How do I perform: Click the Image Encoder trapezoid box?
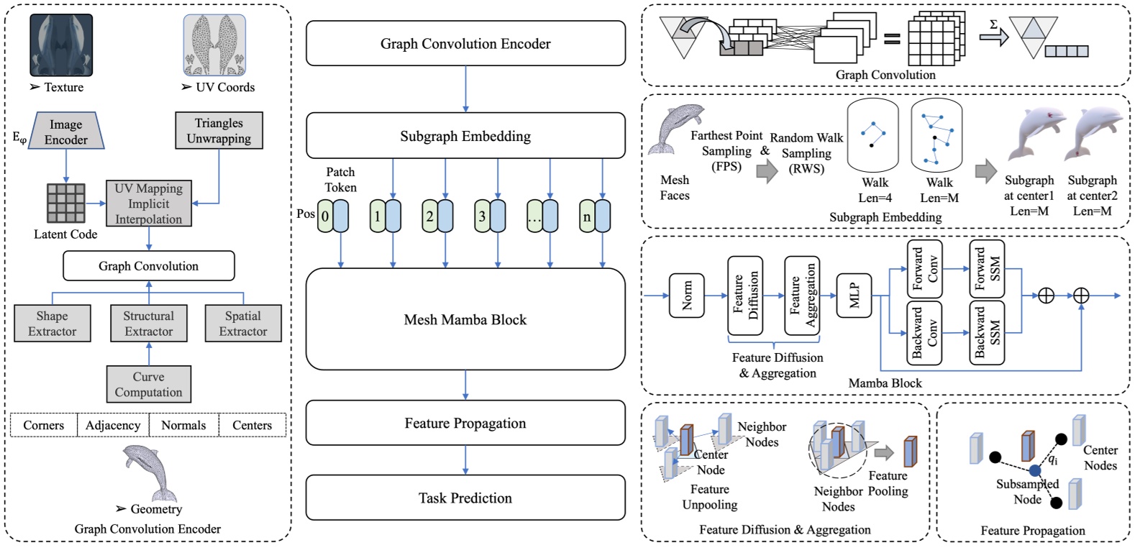click(x=66, y=132)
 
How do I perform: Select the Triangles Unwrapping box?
click(x=219, y=131)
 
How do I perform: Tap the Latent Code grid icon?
click(x=65, y=204)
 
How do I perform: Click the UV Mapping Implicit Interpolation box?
click(x=149, y=204)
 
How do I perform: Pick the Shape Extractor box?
click(x=53, y=324)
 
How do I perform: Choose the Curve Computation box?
click(x=149, y=384)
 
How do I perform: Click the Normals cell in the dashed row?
click(x=183, y=425)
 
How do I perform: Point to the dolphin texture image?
click(x=61, y=45)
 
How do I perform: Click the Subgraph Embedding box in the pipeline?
click(x=465, y=136)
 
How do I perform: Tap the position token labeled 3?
click(x=482, y=216)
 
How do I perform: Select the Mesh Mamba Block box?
click(x=465, y=319)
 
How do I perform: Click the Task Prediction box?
click(x=465, y=498)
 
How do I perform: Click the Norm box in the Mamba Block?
click(x=686, y=296)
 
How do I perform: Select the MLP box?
click(x=854, y=296)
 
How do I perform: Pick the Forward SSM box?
click(x=987, y=269)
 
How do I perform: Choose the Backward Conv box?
click(x=924, y=332)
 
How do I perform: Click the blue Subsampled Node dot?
click(x=1034, y=470)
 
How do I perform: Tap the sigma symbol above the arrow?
click(x=993, y=24)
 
